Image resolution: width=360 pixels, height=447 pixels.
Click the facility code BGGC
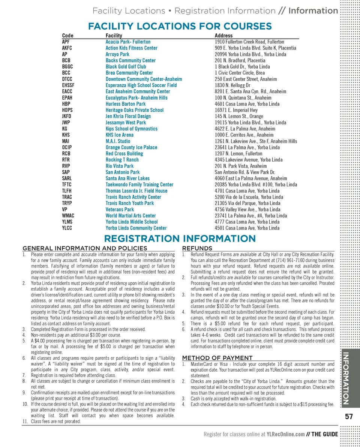67,67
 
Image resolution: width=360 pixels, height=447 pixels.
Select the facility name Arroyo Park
117,54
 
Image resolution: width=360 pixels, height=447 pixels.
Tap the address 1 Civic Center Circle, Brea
240,73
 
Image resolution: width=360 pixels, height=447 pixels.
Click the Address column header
223,36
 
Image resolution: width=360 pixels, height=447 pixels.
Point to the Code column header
67,36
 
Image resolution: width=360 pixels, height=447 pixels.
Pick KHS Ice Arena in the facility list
119,135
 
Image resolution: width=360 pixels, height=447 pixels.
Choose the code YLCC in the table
67,228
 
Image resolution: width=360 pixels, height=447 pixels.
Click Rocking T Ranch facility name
122,160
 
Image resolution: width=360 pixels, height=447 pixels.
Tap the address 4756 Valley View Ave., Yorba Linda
247,209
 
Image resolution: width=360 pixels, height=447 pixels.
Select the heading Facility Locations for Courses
180,26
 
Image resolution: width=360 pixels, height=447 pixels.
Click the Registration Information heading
180,239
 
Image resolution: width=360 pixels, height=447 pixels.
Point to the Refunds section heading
197,248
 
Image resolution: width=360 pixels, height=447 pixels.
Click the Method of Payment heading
217,358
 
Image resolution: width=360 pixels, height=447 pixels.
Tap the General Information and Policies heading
85,248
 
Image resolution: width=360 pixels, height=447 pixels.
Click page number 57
349,417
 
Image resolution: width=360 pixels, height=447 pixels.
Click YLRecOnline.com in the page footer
285,435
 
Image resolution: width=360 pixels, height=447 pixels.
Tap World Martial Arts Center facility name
130,215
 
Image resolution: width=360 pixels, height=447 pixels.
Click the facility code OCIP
67,147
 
